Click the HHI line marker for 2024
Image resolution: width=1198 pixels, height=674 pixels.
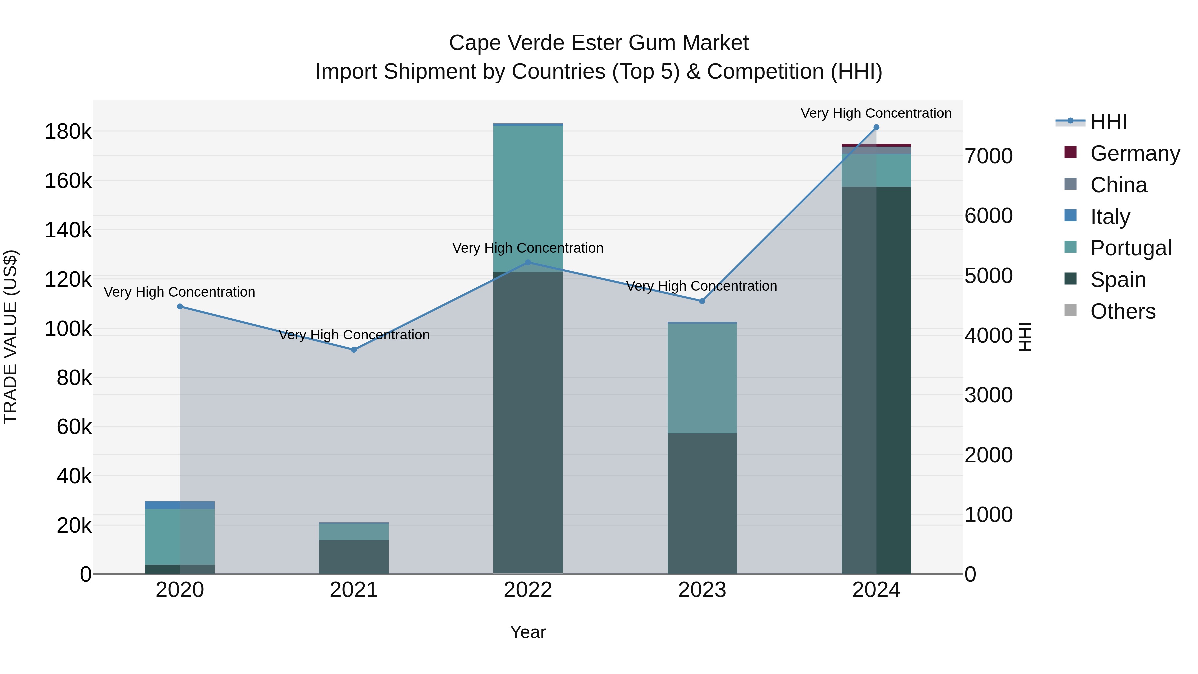point(876,127)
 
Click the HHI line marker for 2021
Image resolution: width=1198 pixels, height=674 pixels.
point(354,350)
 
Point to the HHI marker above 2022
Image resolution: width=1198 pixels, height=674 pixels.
point(528,262)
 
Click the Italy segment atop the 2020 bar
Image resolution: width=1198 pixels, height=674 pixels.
point(180,505)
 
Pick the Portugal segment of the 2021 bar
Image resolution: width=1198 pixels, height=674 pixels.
point(354,531)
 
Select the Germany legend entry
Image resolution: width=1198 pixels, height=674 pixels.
point(1135,153)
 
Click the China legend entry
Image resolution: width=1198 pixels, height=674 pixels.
point(1118,185)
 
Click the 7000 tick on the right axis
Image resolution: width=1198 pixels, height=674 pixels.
point(989,156)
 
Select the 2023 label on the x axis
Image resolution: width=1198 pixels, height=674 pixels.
point(702,590)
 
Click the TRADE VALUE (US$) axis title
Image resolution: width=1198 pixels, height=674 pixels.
point(10,337)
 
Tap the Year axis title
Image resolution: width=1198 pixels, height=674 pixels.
point(528,632)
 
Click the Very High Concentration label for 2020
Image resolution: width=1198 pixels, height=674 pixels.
point(179,292)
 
